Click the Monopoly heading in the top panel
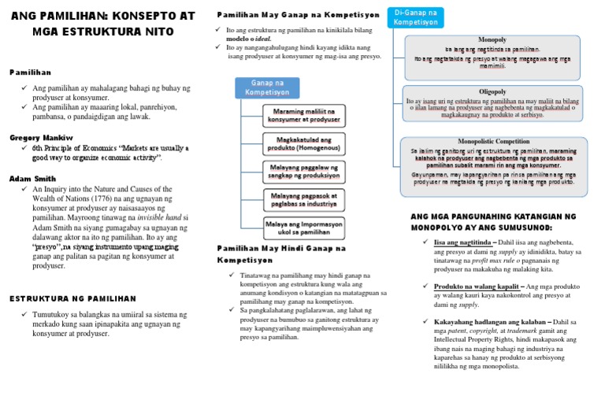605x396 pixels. [x=492, y=39]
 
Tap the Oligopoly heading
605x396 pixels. [x=492, y=91]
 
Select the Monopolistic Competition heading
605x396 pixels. [x=492, y=142]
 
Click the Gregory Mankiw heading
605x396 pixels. [x=40, y=137]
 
